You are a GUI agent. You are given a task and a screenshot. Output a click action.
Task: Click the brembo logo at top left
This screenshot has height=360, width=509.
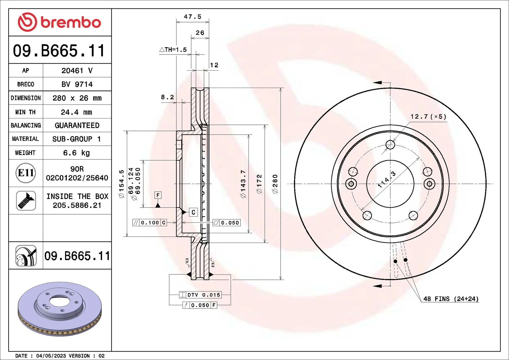point(59,22)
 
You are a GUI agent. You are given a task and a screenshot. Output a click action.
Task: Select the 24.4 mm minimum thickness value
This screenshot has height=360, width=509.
point(76,112)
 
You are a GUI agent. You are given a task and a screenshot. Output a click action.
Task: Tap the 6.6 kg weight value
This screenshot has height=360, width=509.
point(76,153)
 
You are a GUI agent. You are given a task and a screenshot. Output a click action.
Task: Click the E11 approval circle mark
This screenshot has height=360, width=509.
point(26,173)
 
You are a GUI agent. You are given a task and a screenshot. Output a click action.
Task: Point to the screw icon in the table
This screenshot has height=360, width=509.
point(26,201)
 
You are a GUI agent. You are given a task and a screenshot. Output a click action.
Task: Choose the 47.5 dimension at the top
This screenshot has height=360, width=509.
point(192,17)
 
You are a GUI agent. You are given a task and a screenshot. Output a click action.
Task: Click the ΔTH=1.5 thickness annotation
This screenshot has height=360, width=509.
point(173,50)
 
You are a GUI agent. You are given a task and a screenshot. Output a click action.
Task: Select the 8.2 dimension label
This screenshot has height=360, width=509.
point(167,97)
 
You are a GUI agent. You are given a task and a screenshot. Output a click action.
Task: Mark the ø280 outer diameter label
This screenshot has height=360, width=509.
point(275,184)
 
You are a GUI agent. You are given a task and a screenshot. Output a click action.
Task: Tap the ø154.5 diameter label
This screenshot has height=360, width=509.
point(121,184)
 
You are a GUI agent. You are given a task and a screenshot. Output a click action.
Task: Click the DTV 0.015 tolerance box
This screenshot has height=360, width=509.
point(200,295)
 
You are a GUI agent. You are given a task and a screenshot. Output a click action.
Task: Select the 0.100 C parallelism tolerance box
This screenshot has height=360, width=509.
point(149,223)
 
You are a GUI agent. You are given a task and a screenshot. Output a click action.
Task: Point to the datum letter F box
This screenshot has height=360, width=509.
point(158,195)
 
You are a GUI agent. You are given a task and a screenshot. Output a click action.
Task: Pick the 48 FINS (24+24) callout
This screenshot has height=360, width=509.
point(451,299)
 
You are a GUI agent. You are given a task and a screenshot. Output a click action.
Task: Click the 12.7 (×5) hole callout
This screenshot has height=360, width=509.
point(428,117)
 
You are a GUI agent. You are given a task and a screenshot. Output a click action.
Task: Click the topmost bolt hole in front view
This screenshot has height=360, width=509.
point(390,144)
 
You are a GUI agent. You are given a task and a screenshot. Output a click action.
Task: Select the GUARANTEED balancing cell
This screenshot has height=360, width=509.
point(77,125)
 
